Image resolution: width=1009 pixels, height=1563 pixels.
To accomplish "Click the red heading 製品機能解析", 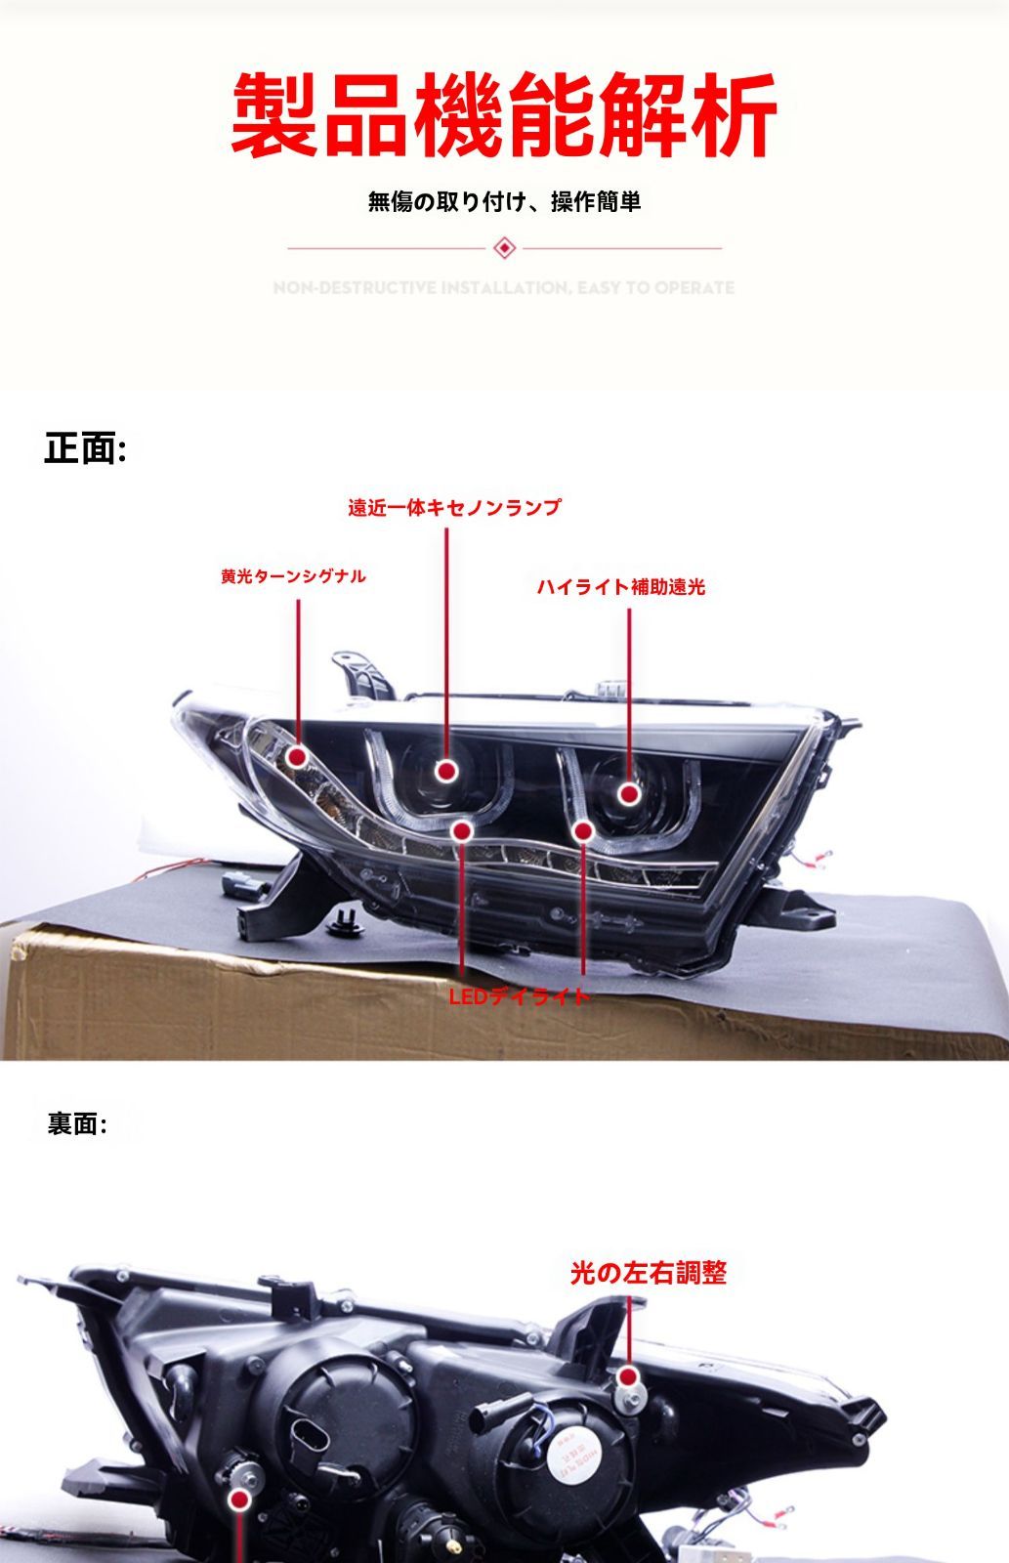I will [504, 115].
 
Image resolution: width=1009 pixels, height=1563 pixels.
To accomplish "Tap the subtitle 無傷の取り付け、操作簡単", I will [504, 202].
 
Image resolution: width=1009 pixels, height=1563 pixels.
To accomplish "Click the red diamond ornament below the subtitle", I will [504, 248].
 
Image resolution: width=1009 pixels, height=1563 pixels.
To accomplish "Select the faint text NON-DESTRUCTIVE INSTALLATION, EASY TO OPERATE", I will [504, 288].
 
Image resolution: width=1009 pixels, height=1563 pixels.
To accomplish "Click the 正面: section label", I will [85, 449].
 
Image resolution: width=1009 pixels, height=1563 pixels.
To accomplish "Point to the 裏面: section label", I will [77, 1124].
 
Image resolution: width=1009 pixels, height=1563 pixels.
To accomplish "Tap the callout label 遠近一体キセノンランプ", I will [454, 508].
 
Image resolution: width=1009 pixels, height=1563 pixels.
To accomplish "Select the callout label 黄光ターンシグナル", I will [293, 576].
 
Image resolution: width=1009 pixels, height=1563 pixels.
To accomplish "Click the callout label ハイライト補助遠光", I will [620, 587].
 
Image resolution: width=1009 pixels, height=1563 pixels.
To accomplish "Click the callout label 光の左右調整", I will [649, 1274].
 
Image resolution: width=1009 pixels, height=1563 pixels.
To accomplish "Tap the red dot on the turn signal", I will [298, 756].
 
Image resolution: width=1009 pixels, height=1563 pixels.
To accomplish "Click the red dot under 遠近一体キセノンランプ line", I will [447, 772].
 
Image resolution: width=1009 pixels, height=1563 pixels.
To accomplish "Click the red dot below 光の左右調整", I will [630, 1377].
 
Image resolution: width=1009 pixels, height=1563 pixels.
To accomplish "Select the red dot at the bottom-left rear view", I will [239, 1501].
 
